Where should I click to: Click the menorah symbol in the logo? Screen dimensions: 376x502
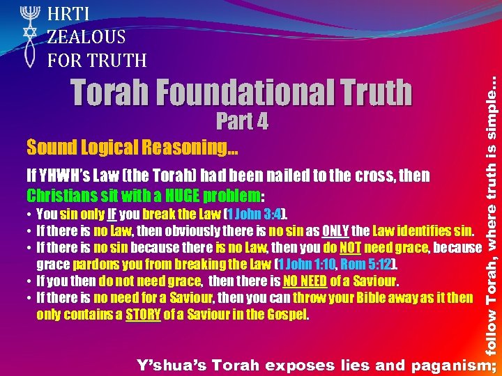point(29,15)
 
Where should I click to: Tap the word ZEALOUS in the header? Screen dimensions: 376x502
point(86,37)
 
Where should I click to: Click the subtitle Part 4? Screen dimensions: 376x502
point(242,122)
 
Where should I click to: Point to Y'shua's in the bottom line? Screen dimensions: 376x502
point(170,365)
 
